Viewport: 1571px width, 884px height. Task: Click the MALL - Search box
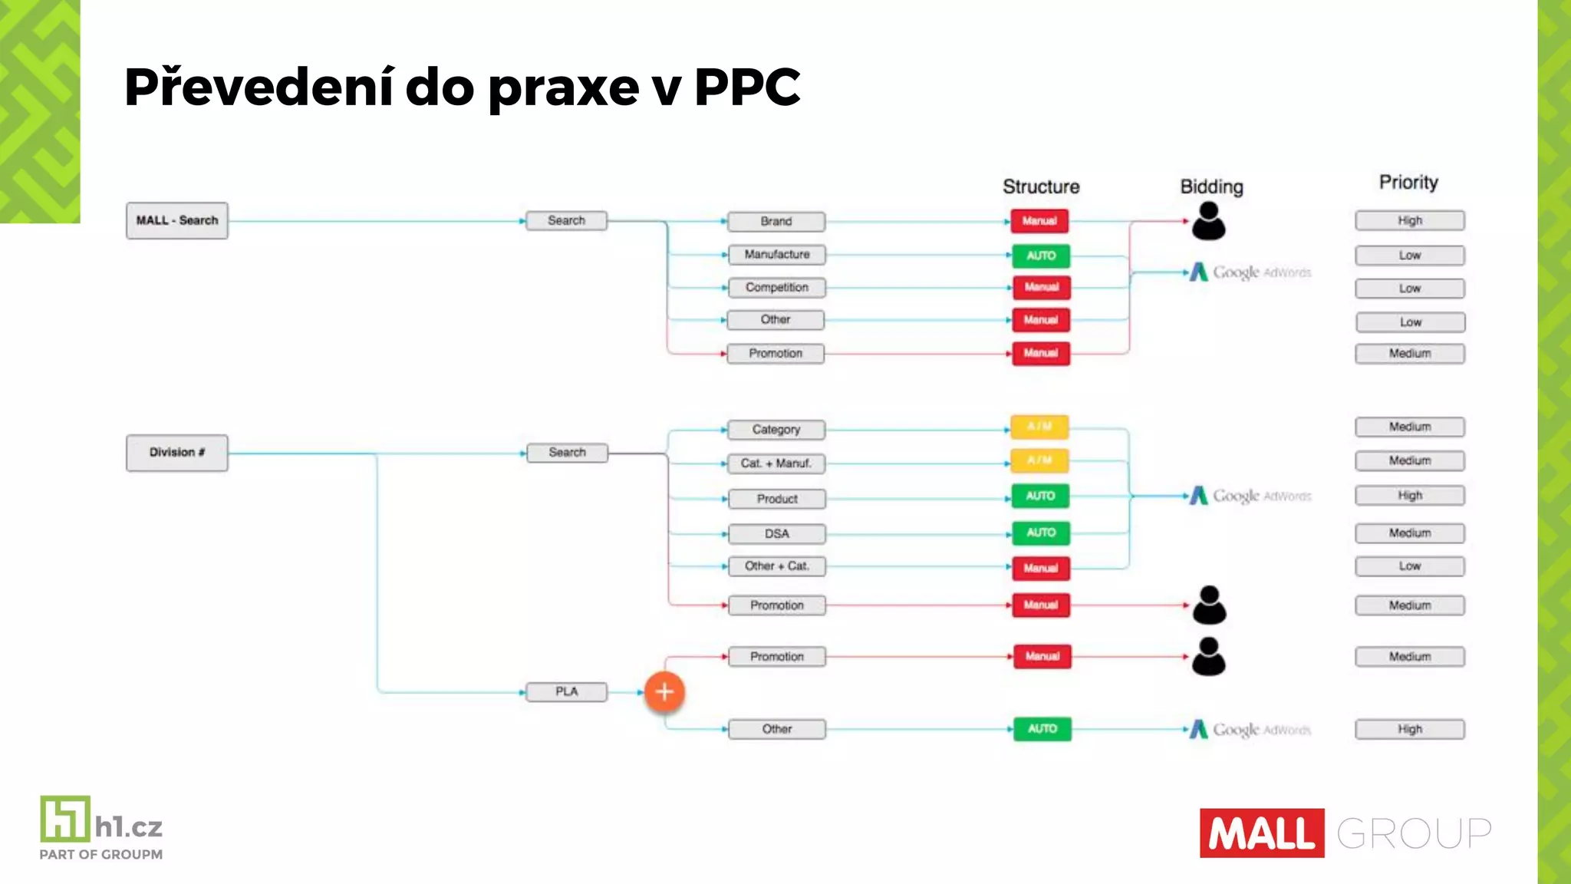click(x=177, y=221)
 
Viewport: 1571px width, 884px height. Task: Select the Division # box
click(x=177, y=453)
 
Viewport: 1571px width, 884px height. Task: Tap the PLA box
click(x=567, y=692)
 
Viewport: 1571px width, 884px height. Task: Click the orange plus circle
click(x=664, y=692)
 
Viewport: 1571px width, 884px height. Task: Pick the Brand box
click(x=776, y=222)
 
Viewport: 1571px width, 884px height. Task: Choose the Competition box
click(x=776, y=288)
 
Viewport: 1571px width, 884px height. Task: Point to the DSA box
click(x=776, y=534)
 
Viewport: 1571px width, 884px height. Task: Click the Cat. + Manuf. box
click(x=776, y=463)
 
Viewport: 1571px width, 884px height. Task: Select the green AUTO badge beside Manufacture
click(x=1041, y=256)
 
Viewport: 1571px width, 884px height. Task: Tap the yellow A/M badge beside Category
click(x=1039, y=427)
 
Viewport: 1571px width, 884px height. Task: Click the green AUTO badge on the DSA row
click(x=1041, y=533)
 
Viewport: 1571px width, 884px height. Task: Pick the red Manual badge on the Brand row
click(x=1039, y=221)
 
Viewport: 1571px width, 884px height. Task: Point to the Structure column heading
click(x=1041, y=186)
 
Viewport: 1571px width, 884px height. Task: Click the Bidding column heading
click(x=1211, y=186)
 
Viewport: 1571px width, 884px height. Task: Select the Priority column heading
click(x=1408, y=183)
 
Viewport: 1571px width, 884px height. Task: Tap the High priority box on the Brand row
click(x=1410, y=221)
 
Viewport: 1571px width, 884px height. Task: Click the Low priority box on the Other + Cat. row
click(x=1410, y=566)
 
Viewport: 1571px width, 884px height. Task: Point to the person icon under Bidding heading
click(x=1209, y=221)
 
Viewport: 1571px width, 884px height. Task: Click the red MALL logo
click(x=1262, y=833)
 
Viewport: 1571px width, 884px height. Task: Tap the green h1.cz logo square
click(x=65, y=819)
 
